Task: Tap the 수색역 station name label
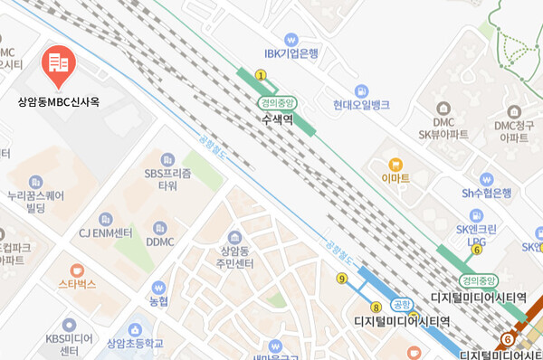click(x=278, y=118)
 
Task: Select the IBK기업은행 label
click(x=291, y=53)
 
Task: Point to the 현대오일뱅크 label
click(x=361, y=105)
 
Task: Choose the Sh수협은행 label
click(x=487, y=193)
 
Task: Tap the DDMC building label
click(x=160, y=242)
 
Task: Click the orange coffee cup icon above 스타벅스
click(x=77, y=270)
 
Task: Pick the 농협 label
click(x=159, y=299)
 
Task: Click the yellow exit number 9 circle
click(x=341, y=278)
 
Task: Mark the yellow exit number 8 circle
click(x=376, y=308)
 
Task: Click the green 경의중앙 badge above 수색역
click(x=278, y=103)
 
